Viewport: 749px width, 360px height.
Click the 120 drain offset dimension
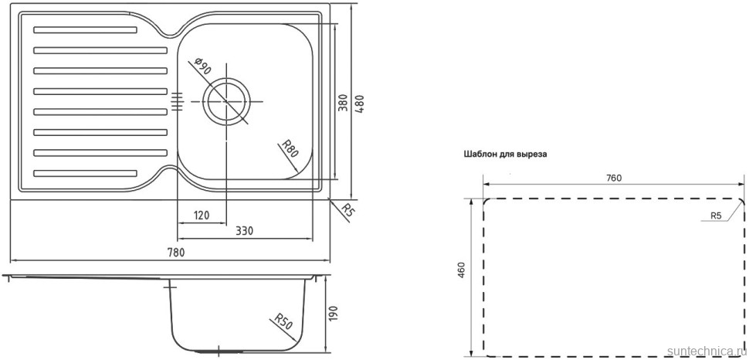[202, 216]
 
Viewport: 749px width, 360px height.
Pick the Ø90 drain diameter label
[203, 66]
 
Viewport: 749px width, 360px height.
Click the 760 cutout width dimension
[613, 178]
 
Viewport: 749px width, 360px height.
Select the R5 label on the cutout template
[716, 216]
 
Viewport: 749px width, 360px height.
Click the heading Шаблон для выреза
[505, 155]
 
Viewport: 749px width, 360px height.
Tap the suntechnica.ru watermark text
[703, 350]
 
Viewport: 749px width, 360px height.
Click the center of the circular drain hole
[226, 101]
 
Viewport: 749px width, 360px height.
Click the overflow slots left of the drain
[176, 101]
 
